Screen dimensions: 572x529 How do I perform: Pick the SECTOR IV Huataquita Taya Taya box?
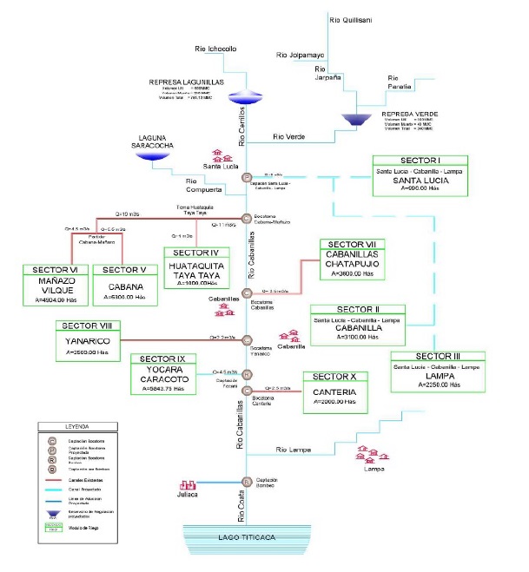[x=196, y=267]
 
